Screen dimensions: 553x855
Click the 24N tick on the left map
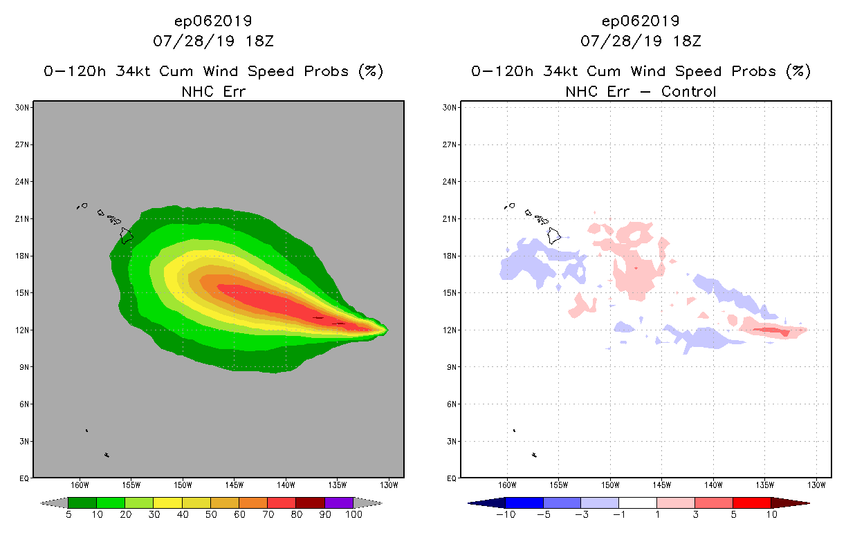pos(22,182)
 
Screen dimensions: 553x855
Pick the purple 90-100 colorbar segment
pos(339,503)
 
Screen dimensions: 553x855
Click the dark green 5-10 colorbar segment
pos(82,503)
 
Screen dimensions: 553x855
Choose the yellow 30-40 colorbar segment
pos(167,503)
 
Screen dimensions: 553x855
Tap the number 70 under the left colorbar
pos(267,514)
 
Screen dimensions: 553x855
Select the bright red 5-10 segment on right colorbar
pos(751,503)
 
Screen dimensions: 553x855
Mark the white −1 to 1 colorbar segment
pos(637,503)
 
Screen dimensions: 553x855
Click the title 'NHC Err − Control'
pos(641,91)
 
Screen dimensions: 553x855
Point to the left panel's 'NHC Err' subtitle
pos(213,91)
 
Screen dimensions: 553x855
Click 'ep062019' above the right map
pos(641,21)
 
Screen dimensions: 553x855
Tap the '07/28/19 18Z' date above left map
pos(213,41)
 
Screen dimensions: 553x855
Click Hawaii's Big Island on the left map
pos(127,235)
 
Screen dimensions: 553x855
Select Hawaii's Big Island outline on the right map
pos(554,235)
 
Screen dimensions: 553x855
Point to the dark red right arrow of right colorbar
pos(789,503)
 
